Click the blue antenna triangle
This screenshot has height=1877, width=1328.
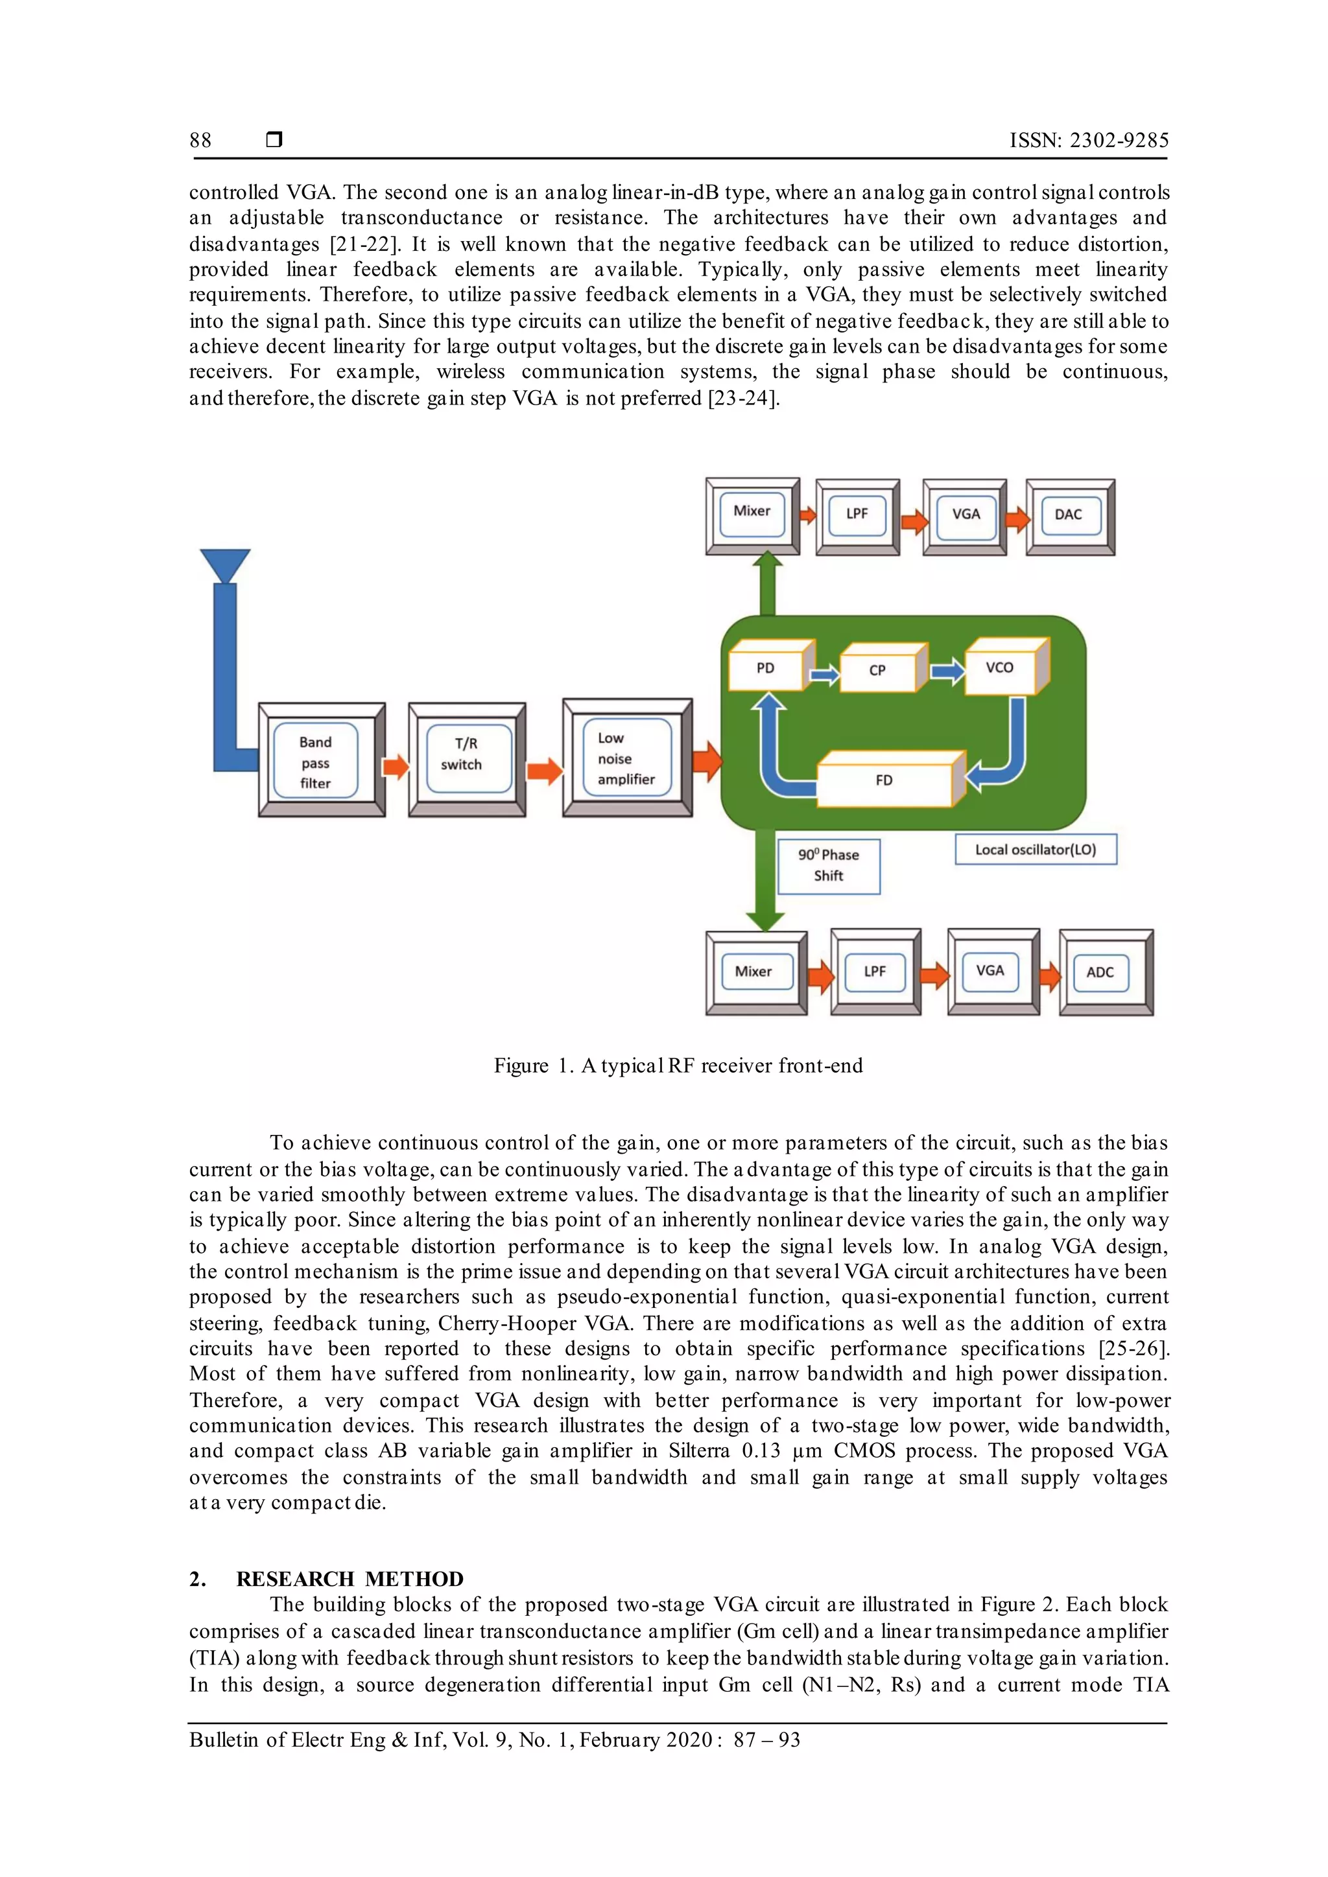point(225,564)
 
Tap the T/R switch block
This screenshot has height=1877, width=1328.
point(466,759)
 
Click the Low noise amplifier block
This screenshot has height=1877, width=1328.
point(626,758)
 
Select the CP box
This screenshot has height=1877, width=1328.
point(878,670)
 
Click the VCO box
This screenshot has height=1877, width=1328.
point(1000,667)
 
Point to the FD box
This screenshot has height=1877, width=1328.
point(884,780)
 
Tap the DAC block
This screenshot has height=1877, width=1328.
point(1069,516)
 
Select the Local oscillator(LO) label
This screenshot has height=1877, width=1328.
point(1036,850)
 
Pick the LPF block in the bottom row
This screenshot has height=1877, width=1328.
point(875,971)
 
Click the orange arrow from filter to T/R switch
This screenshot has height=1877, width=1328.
point(396,766)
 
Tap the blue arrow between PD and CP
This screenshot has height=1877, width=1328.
point(824,675)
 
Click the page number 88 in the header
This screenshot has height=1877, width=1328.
point(200,141)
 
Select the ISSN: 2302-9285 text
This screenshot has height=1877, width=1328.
point(1089,141)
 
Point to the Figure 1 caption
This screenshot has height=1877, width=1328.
point(678,1066)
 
